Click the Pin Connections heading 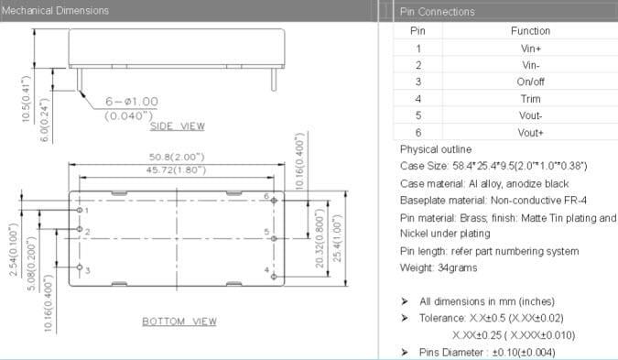click(x=438, y=11)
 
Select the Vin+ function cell click(x=530, y=48)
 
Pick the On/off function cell click(x=530, y=82)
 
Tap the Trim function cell click(x=530, y=98)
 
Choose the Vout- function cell click(x=530, y=115)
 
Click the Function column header click(x=530, y=30)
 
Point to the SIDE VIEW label click(x=177, y=125)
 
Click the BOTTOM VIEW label click(x=179, y=322)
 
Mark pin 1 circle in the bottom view click(x=81, y=210)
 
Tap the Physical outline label click(x=436, y=148)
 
